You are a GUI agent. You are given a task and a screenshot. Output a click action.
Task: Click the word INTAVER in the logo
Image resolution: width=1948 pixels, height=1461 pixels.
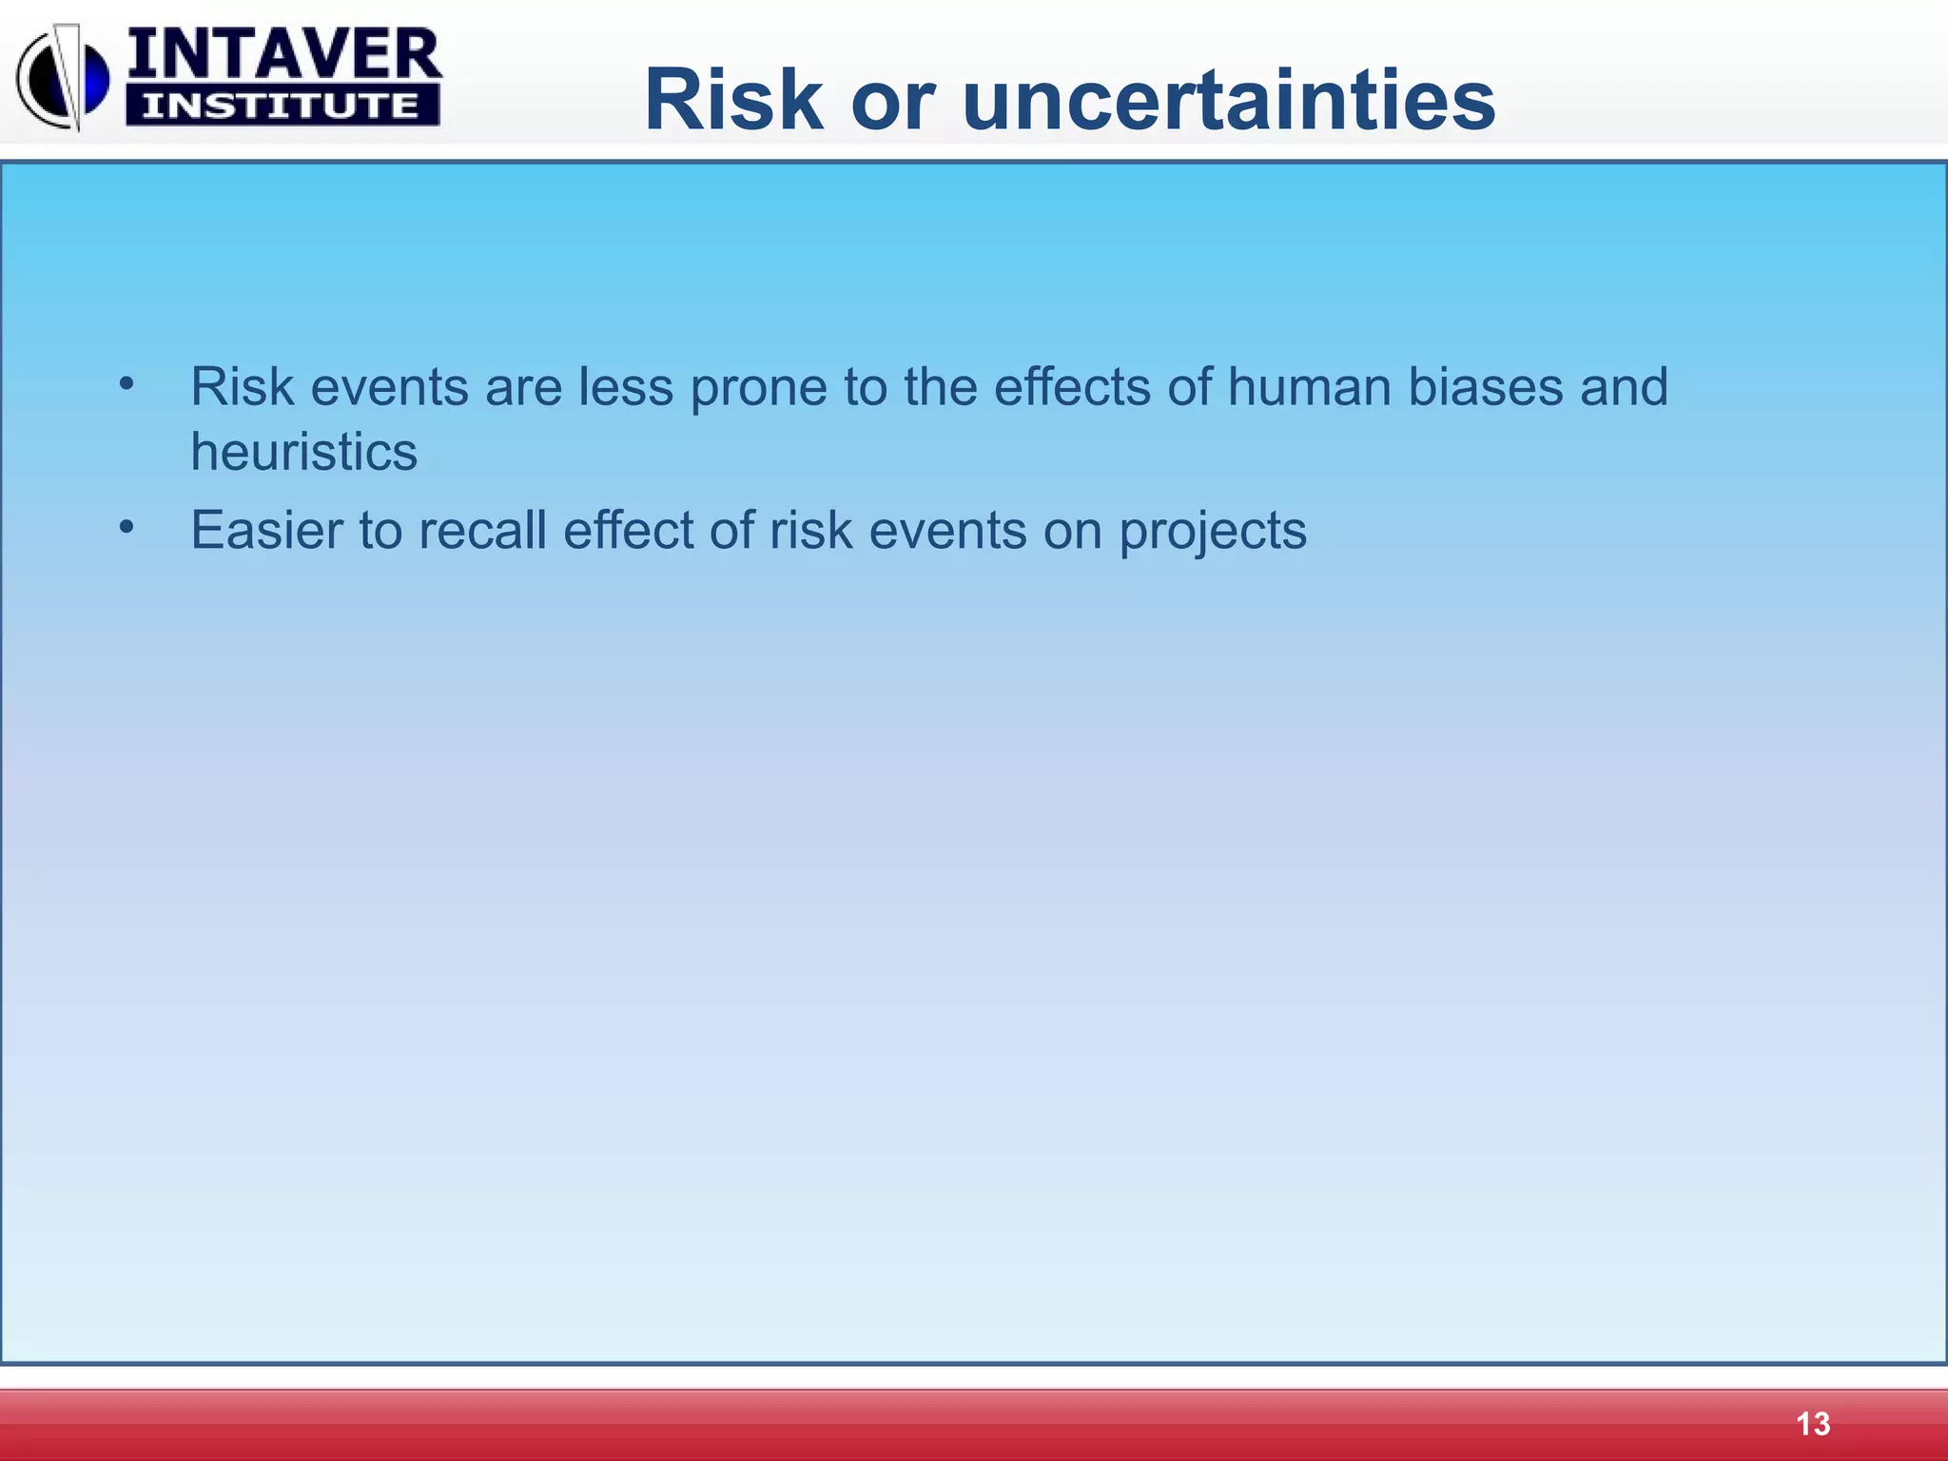click(283, 55)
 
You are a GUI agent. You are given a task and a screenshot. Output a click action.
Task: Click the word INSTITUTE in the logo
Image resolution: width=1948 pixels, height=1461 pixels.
click(282, 106)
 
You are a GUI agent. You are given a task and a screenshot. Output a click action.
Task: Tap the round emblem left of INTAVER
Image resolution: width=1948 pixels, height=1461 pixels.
click(62, 78)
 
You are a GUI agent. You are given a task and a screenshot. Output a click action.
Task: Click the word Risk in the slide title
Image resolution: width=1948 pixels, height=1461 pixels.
click(732, 101)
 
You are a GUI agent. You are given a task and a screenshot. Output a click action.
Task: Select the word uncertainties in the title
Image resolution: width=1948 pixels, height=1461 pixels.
click(1228, 101)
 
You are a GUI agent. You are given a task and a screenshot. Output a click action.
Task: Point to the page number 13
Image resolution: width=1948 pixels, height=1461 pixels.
click(1812, 1424)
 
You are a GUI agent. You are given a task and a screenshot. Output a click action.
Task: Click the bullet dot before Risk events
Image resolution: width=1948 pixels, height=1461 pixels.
click(127, 385)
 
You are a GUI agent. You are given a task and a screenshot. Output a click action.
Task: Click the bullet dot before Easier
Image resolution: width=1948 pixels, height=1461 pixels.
click(127, 528)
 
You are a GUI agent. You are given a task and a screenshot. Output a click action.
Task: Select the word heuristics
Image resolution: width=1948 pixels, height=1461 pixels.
click(303, 452)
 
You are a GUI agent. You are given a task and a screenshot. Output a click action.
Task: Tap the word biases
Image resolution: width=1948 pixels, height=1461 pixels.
click(1485, 387)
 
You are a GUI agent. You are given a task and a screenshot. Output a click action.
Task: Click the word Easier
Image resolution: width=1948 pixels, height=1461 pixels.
click(266, 530)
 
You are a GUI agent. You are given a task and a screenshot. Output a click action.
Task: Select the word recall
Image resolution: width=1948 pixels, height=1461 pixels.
click(482, 530)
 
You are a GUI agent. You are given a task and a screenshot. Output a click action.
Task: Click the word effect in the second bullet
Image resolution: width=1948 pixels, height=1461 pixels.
click(628, 530)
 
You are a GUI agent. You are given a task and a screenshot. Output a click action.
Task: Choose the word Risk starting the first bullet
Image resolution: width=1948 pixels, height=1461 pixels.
click(242, 387)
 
